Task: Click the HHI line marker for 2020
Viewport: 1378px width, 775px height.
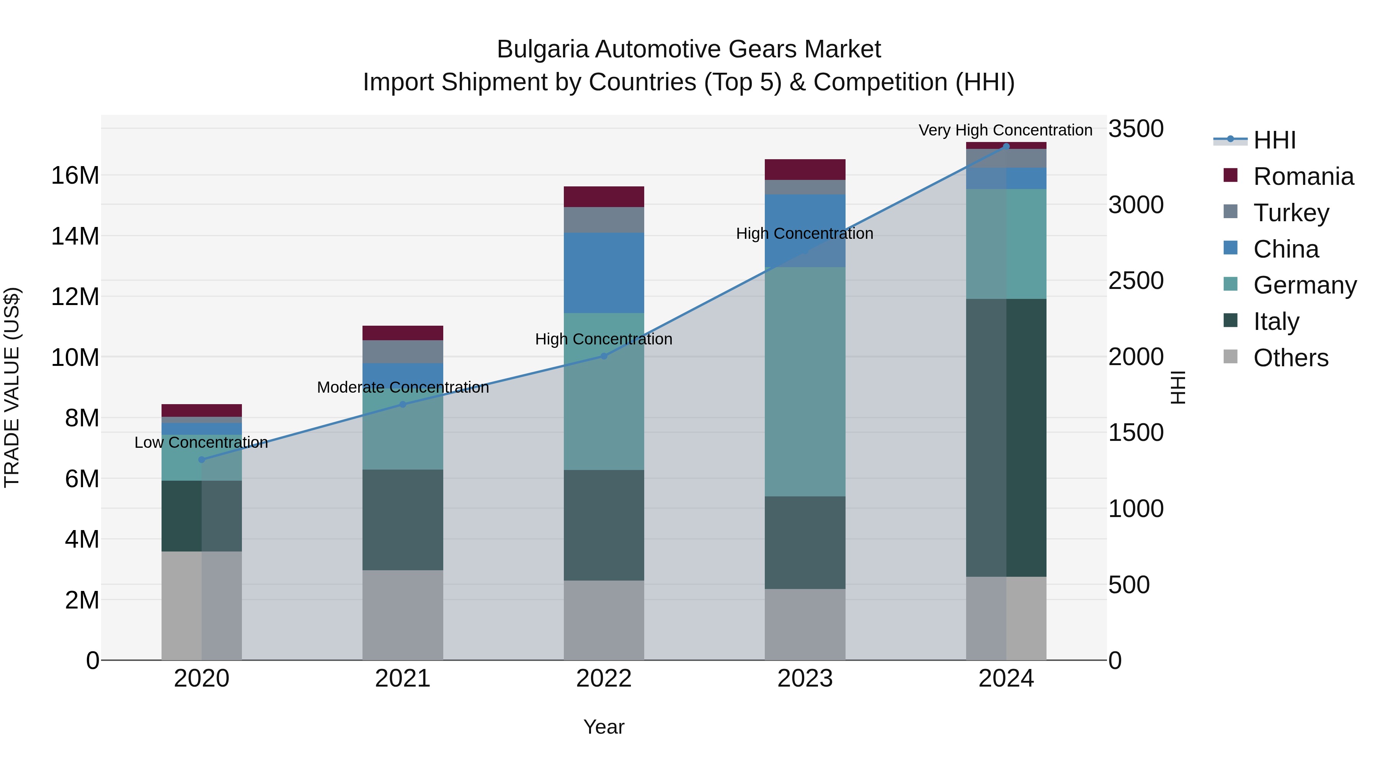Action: [x=202, y=459]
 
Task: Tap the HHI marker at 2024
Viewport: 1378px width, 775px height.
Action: [x=1006, y=146]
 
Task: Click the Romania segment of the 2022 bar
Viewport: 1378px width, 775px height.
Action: [x=604, y=196]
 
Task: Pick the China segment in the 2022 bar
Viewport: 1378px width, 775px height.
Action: [x=604, y=273]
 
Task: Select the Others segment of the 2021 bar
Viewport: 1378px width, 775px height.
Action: [x=403, y=615]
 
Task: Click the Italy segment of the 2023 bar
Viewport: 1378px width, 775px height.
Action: [x=805, y=542]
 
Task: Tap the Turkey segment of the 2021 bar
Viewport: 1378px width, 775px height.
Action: [x=403, y=351]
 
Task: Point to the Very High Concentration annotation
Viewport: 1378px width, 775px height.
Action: [x=1005, y=130]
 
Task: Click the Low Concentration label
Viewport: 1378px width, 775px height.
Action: [x=201, y=442]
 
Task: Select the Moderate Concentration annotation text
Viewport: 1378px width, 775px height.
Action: [x=403, y=387]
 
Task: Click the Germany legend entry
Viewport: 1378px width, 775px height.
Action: [x=1305, y=285]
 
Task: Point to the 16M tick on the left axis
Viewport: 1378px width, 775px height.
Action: [x=75, y=175]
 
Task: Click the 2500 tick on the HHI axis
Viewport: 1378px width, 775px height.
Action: [x=1136, y=281]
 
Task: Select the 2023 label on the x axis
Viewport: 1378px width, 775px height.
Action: [x=805, y=679]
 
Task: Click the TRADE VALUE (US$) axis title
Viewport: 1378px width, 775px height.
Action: [x=12, y=387]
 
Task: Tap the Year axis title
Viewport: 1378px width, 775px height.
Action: [x=604, y=727]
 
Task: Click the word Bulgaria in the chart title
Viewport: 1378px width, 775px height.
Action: [x=543, y=49]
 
